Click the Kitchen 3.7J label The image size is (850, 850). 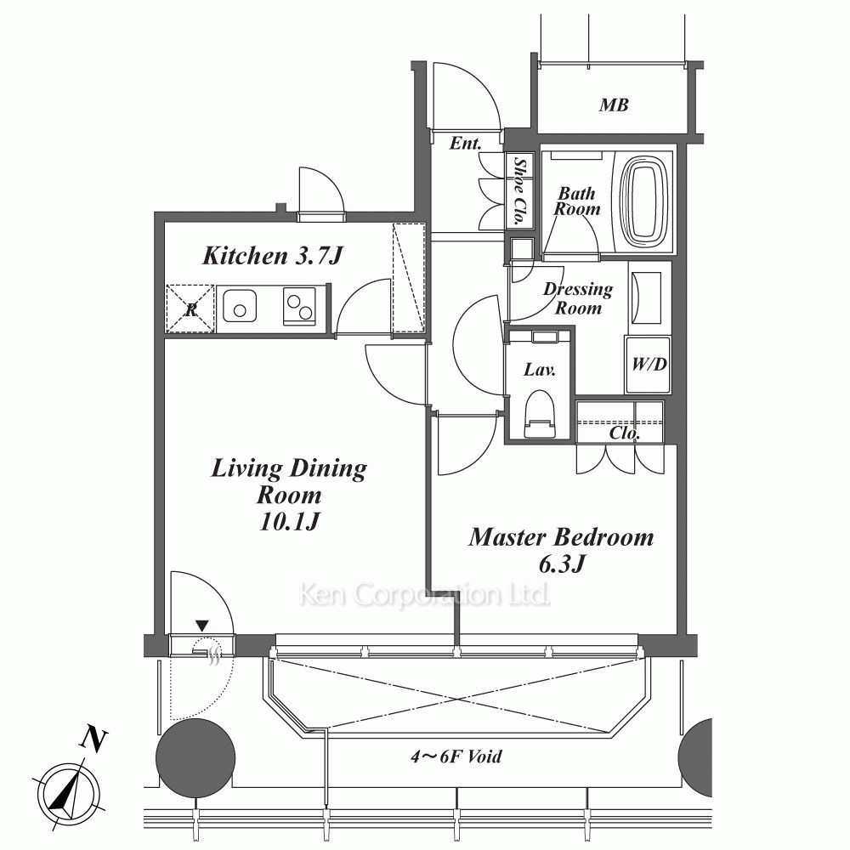click(x=273, y=255)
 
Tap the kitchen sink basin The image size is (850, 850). click(x=240, y=306)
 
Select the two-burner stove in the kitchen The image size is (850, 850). click(x=299, y=306)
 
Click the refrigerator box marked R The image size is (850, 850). click(x=190, y=309)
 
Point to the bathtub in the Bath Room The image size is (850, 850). click(x=643, y=201)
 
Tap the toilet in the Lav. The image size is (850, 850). click(x=541, y=413)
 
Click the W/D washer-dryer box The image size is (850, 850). click(x=649, y=365)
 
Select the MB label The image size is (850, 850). click(x=614, y=105)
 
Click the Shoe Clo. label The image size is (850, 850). click(x=519, y=190)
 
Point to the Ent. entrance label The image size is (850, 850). click(x=466, y=143)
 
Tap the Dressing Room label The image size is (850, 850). click(x=578, y=298)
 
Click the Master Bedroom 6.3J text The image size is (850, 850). click(x=562, y=550)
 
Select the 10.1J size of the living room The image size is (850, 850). click(x=289, y=522)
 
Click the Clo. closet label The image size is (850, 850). click(x=625, y=433)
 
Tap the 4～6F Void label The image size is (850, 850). click(x=456, y=756)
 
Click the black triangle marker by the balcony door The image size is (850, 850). click(x=201, y=626)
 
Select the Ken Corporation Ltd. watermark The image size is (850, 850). click(x=424, y=595)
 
